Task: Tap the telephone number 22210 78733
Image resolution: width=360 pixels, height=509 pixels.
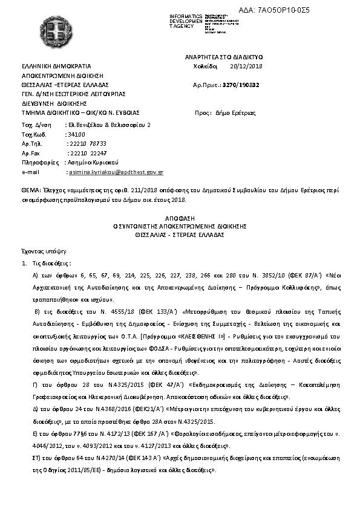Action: coord(88,144)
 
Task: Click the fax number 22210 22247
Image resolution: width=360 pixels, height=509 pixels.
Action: coord(88,154)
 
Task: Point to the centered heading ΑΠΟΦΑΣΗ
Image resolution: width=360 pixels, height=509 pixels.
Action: coord(180,216)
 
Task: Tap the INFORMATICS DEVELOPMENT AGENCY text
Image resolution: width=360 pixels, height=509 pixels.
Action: coord(186,21)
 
